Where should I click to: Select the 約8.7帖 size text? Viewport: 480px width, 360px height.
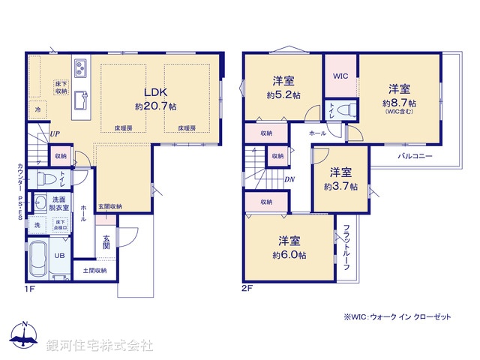pos(400,102)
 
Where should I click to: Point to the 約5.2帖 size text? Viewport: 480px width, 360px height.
pos(283,95)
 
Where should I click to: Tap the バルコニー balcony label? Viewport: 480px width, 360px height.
pos(415,157)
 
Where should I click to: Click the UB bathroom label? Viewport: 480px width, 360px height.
pos(58,255)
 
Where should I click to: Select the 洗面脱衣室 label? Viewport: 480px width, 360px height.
pos(61,202)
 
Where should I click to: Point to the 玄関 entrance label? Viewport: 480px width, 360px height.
pos(107,241)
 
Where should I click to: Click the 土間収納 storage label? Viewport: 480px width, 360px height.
pos(94,270)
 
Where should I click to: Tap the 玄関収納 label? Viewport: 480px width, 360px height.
pos(109,206)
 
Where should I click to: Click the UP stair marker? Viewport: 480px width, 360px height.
pos(55,134)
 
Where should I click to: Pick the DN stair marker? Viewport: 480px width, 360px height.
pos(289,179)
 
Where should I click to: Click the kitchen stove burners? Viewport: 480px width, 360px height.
pos(82,71)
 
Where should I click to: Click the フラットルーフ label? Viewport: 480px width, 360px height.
pos(347,247)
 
